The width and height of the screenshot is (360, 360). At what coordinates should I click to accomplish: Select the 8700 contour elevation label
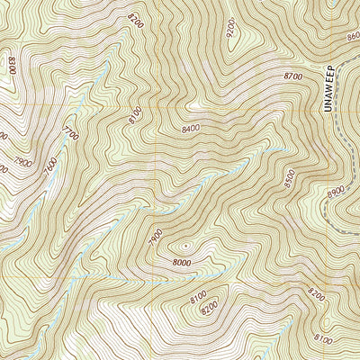click(x=292, y=78)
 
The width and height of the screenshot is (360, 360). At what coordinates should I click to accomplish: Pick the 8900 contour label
click(x=337, y=193)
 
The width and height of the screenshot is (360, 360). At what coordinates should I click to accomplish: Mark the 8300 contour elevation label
click(x=12, y=66)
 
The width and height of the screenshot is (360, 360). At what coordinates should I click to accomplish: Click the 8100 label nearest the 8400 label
click(x=136, y=115)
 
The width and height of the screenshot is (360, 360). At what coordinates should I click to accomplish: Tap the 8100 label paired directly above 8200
click(x=200, y=296)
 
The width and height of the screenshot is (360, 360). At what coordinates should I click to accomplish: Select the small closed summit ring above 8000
click(x=185, y=243)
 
